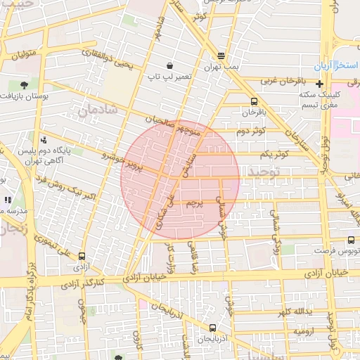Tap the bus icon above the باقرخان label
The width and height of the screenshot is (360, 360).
254,101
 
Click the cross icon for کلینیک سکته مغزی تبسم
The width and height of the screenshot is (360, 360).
319,84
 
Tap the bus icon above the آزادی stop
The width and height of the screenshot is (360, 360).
83,257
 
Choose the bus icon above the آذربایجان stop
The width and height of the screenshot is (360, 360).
212,328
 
